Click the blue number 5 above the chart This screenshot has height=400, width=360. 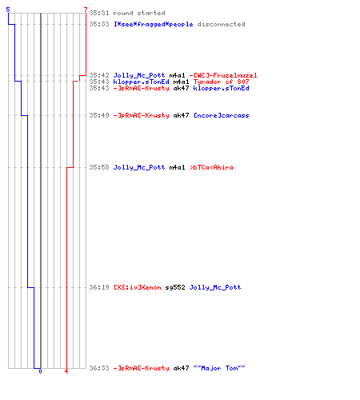tap(8, 10)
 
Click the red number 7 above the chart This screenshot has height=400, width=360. tap(86, 10)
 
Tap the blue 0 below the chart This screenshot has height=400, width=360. tap(40, 371)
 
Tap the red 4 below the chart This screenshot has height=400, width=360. tap(66, 371)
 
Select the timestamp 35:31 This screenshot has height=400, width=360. tap(99, 13)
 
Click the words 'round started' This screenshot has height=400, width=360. tap(139, 13)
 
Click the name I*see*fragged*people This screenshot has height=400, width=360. tap(154, 24)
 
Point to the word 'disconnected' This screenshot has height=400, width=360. tap(221, 24)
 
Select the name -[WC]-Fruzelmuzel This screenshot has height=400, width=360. tap(223, 75)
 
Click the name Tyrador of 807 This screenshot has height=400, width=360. tap(221, 82)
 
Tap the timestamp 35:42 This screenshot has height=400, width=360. tap(99, 75)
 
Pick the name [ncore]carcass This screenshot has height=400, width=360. tap(221, 115)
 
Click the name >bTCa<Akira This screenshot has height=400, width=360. tap(211, 167)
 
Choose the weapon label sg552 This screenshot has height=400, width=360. tap(175, 287)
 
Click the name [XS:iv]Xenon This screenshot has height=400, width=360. tap(138, 287)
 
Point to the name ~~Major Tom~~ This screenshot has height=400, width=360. tap(219, 368)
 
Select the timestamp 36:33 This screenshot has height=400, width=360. tap(99, 368)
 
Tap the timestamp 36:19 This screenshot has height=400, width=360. tap(99, 287)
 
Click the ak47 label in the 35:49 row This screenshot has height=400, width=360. tap(181, 115)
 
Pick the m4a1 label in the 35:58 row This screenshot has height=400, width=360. tap(177, 167)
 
